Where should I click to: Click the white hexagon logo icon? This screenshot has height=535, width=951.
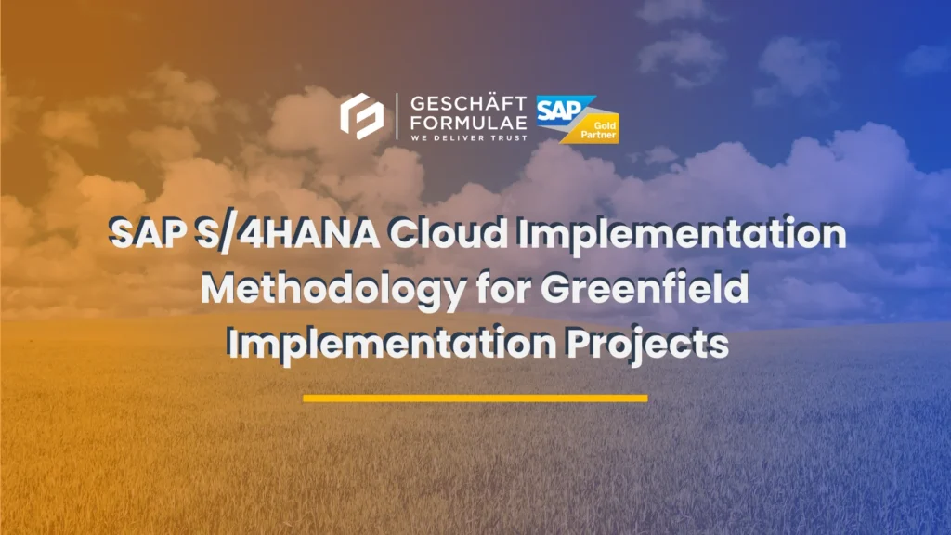tap(362, 116)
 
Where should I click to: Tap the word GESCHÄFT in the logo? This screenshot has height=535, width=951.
tap(467, 102)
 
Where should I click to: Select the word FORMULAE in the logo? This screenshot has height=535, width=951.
tap(467, 121)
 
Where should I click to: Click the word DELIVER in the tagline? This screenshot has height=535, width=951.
tap(460, 137)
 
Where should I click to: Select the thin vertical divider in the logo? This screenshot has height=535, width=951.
tap(397, 116)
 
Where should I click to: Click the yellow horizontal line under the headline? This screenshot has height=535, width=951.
tap(475, 398)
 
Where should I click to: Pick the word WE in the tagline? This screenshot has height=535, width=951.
tap(415, 137)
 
